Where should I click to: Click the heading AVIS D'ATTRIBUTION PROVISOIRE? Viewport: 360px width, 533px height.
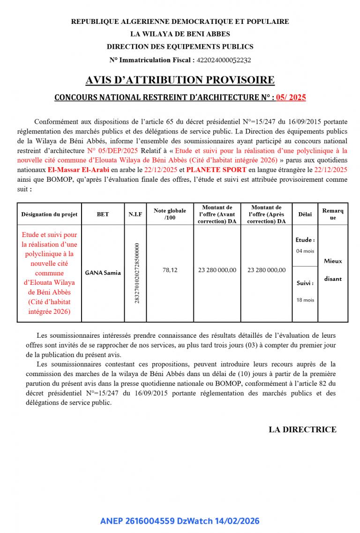click(180, 80)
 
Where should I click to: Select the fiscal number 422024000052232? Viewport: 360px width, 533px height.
click(224, 60)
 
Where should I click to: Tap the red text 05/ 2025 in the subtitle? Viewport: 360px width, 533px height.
click(291, 97)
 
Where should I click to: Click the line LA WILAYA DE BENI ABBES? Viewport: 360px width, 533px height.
click(180, 34)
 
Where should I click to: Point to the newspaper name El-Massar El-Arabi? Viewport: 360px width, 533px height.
click(78, 169)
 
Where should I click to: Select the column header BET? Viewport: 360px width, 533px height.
click(103, 214)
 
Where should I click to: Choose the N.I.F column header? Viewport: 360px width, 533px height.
click(135, 214)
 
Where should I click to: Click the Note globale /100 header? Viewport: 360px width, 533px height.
click(170, 214)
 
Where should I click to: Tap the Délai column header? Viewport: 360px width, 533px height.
click(305, 214)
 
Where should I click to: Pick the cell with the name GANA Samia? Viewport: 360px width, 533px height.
click(103, 273)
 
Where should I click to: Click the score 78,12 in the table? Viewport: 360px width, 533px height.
click(170, 270)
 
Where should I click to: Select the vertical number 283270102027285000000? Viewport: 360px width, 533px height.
click(137, 273)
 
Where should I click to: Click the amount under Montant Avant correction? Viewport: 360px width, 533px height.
click(217, 270)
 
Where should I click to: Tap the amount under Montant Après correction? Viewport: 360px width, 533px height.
click(266, 270)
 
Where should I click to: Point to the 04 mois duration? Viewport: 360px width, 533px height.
click(305, 251)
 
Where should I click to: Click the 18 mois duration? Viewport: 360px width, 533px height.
click(305, 300)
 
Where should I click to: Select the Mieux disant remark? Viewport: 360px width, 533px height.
click(333, 270)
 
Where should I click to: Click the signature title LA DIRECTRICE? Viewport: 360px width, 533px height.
click(302, 429)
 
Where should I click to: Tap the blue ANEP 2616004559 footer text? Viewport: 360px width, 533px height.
click(180, 521)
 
